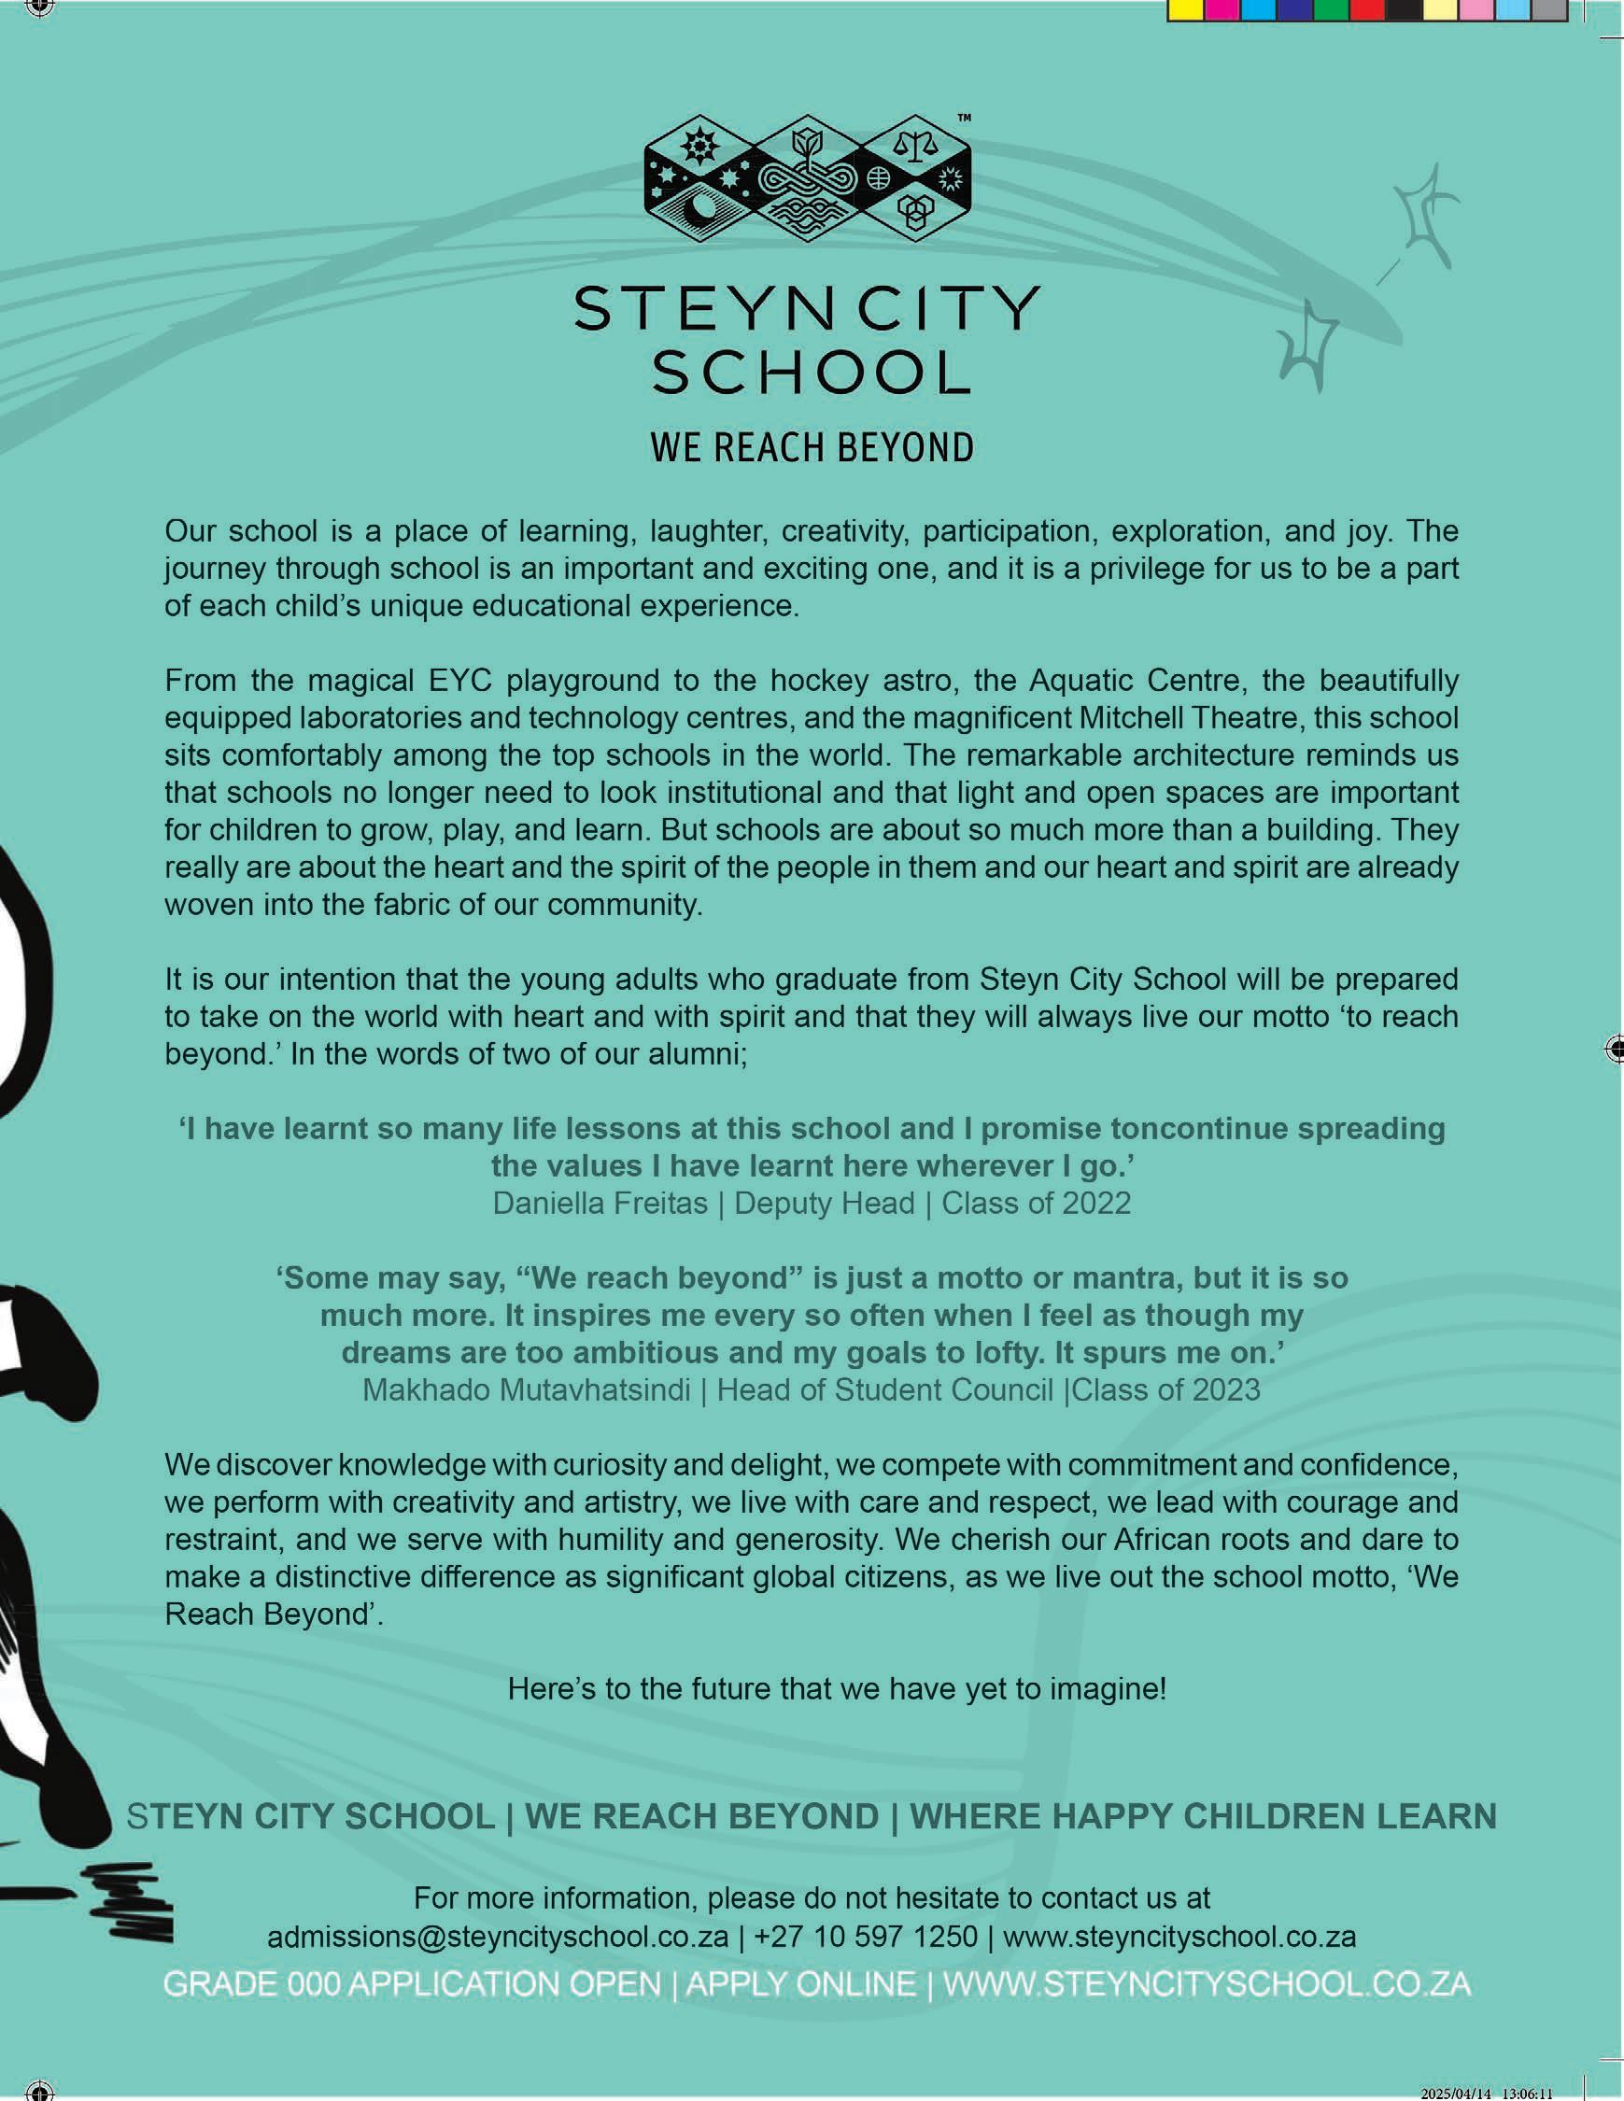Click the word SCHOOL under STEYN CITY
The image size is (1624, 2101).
811,373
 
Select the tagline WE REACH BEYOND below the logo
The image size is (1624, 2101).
811,448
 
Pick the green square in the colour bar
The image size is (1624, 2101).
1331,9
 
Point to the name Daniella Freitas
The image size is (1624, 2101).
600,1204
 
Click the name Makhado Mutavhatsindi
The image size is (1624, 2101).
527,1390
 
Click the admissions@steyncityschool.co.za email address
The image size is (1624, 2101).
498,1937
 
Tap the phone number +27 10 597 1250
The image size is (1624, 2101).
866,1937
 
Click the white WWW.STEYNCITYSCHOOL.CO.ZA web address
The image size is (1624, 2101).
1207,1983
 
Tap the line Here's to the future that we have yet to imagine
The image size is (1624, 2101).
837,1688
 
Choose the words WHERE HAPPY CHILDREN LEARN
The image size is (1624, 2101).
1203,1816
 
